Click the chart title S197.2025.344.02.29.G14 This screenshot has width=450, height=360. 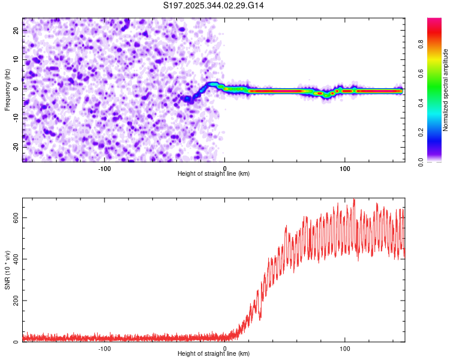pyautogui.click(x=214, y=5)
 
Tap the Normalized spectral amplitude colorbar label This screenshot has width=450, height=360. pyautogui.click(x=446, y=90)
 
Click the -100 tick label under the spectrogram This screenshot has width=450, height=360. pyautogui.click(x=104, y=168)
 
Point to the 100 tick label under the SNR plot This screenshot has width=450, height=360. pyautogui.click(x=345, y=348)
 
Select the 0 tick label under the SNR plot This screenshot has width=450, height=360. pyautogui.click(x=225, y=348)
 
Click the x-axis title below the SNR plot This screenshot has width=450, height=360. pyautogui.click(x=214, y=354)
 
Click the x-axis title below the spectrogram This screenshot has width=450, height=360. pyautogui.click(x=214, y=174)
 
